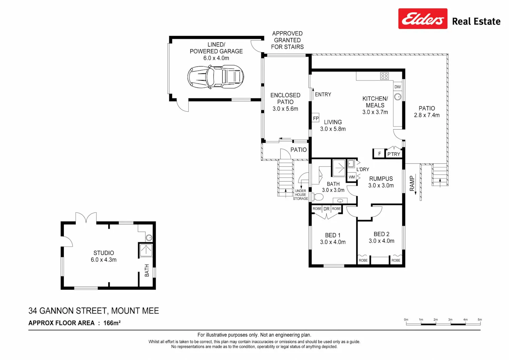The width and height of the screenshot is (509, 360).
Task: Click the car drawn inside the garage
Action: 215,77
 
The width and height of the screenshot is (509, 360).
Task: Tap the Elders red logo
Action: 423,19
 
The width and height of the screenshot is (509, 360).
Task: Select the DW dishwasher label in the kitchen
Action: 397,87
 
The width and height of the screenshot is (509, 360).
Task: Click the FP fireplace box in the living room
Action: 315,118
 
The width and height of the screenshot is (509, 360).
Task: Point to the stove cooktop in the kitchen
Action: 384,76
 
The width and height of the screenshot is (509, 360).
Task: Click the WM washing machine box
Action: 352,177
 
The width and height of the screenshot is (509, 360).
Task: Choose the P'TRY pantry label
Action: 394,154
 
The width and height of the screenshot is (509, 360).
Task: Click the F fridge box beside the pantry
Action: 379,154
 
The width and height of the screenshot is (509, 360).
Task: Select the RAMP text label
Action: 412,183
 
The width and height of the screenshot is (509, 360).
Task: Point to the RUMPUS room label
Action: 381,178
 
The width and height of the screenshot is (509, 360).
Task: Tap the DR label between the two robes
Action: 326,209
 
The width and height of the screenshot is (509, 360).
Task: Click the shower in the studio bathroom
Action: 146,250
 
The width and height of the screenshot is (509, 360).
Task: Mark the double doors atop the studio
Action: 86,217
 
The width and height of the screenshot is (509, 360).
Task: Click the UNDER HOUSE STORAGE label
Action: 300,195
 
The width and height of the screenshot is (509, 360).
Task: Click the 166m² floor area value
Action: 112,323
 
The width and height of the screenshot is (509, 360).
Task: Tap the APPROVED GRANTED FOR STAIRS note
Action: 287,40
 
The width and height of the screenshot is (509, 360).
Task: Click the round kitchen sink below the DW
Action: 398,97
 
